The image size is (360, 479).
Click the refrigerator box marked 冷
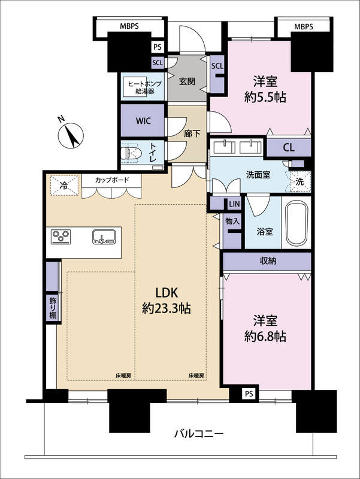tap(62, 185)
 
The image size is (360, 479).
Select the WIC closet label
tap(143, 120)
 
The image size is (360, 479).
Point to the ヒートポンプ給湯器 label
tap(141, 87)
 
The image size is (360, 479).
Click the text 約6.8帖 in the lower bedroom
tap(265, 336)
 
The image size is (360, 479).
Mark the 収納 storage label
tap(268, 260)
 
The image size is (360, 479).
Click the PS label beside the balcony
tap(249, 393)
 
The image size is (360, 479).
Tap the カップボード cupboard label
tap(110, 180)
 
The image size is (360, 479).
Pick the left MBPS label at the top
tap(130, 26)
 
